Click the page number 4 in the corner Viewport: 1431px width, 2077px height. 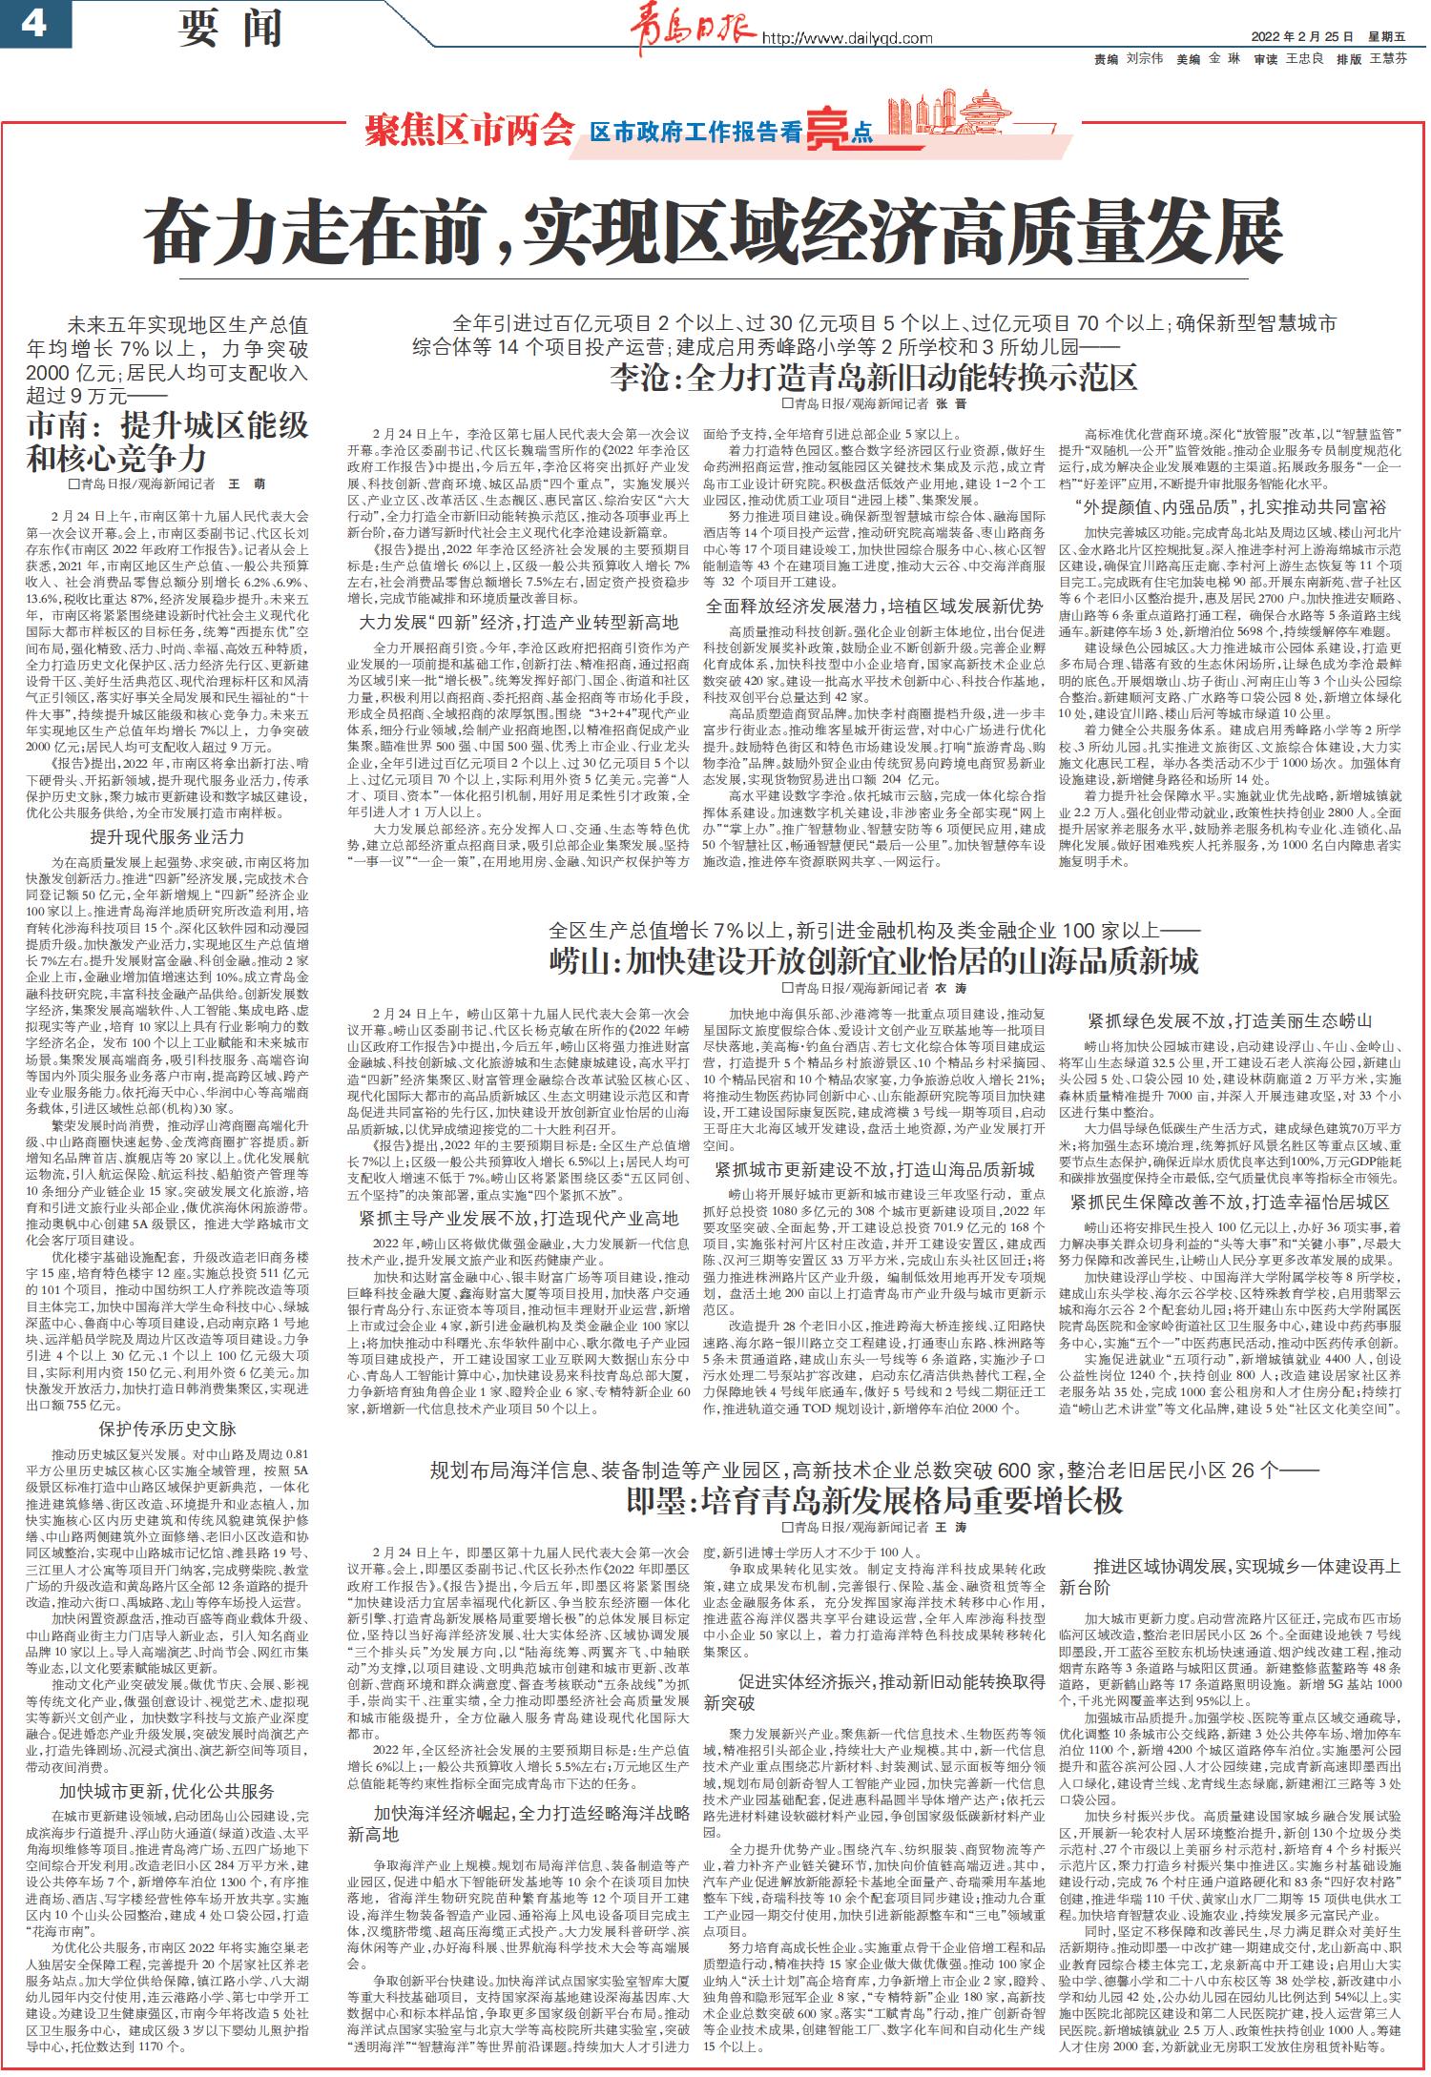[x=32, y=24]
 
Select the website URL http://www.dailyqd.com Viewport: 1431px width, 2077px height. [x=845, y=38]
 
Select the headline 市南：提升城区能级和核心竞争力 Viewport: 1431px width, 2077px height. [x=168, y=442]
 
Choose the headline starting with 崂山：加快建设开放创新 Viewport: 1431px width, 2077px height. [x=873, y=960]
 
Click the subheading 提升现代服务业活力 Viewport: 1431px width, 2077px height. [x=167, y=837]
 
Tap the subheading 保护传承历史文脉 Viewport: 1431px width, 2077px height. [x=167, y=1429]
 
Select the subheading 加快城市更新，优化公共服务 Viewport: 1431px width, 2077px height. [x=167, y=1791]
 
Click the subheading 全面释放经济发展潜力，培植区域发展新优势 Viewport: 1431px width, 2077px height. [x=874, y=606]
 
